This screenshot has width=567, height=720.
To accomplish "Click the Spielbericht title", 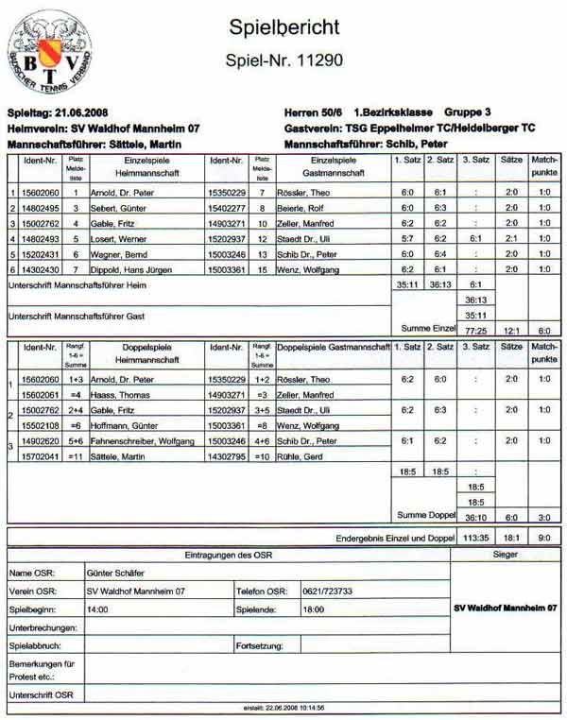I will pos(284,27).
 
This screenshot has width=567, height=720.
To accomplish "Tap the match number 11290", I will pos(284,60).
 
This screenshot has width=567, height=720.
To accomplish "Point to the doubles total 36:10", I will pos(475,518).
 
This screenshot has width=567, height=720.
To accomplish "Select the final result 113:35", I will pos(475,538).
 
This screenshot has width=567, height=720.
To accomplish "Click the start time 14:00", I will pos(97,610).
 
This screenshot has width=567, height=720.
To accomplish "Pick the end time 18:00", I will pos(314,610).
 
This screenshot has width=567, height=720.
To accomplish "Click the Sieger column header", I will pos(506,555).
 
